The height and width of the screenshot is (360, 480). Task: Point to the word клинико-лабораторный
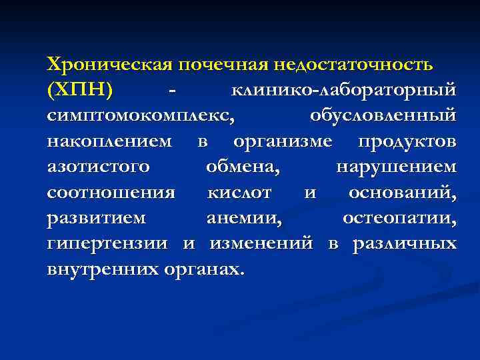[343, 89]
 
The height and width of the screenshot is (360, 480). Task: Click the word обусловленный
[383, 115]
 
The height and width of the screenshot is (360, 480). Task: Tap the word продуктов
[407, 141]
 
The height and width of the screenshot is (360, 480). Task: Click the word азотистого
[98, 167]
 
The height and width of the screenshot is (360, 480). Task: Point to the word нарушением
[396, 167]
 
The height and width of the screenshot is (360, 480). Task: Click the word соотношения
[111, 193]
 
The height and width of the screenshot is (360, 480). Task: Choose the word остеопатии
[399, 218]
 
